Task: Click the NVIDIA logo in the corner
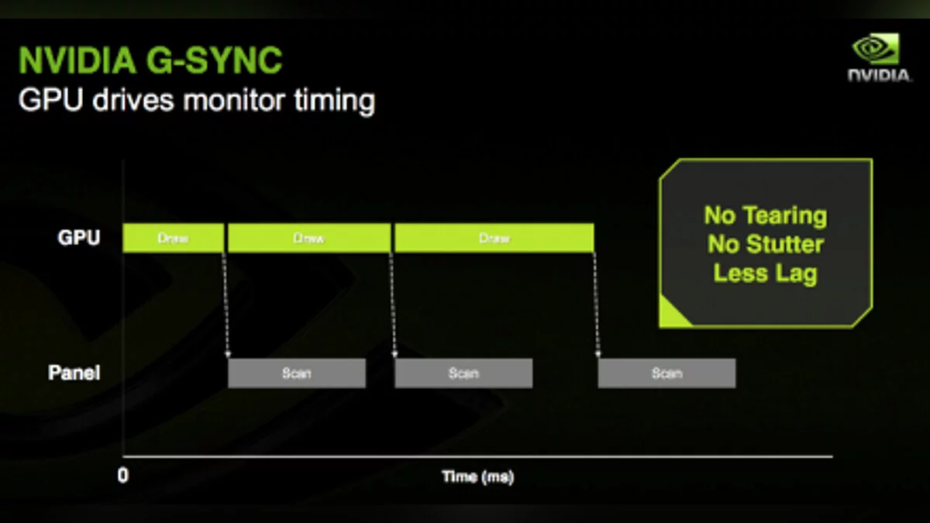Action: coord(879,57)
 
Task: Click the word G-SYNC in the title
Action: coord(214,60)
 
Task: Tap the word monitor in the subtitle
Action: coord(234,100)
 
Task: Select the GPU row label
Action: coord(79,238)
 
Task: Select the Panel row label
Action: coord(74,373)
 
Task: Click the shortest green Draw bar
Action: coord(173,238)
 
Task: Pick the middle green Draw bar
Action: coord(309,238)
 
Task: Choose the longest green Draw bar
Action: coord(494,238)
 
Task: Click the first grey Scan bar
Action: coord(297,373)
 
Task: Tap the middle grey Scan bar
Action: coord(463,373)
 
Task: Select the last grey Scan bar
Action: coord(666,373)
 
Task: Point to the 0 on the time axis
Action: coord(123,475)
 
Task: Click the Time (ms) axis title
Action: coord(478,477)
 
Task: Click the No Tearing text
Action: coord(766,215)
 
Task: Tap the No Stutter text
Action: coord(766,244)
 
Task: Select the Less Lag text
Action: coord(766,274)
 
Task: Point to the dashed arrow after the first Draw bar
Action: coord(226,305)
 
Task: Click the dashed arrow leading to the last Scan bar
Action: coord(596,305)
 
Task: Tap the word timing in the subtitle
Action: coord(335,101)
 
